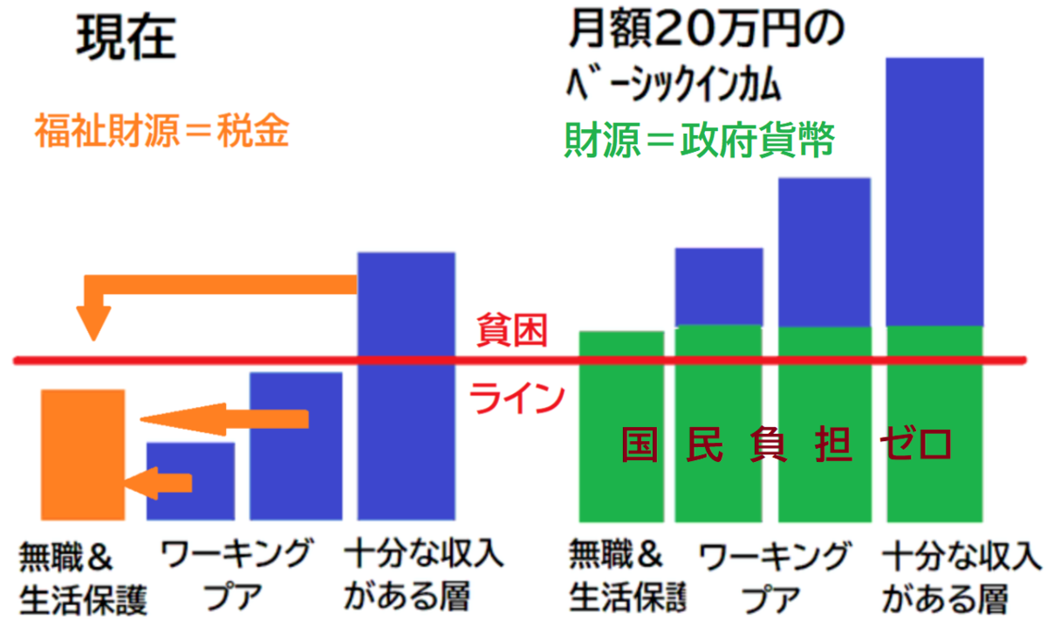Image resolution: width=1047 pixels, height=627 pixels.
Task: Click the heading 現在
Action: pyautogui.click(x=127, y=38)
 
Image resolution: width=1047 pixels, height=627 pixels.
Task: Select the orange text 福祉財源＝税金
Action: pyautogui.click(x=161, y=131)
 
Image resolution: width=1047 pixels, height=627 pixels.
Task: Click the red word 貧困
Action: pyautogui.click(x=511, y=332)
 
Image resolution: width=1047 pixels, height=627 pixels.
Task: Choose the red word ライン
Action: pyautogui.click(x=515, y=398)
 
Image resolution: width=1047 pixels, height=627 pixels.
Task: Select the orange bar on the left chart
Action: pyautogui.click(x=83, y=454)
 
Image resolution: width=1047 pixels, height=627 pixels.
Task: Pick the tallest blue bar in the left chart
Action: pyautogui.click(x=407, y=384)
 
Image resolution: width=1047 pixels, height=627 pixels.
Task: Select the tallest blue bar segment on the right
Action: pyautogui.click(x=934, y=192)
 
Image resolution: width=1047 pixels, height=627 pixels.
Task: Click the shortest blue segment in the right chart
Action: pyautogui.click(x=719, y=286)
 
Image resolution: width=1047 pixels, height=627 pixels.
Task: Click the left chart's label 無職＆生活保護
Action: pyautogui.click(x=83, y=578)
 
